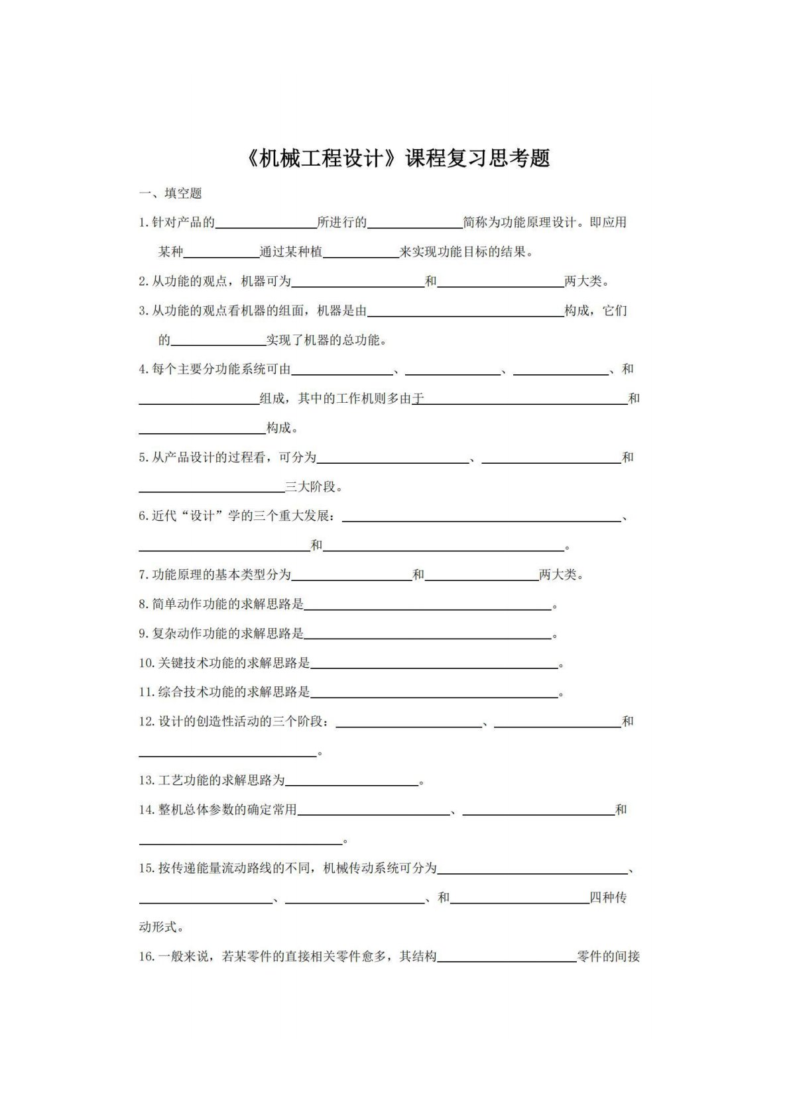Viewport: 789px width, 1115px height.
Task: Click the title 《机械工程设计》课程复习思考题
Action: tap(398, 159)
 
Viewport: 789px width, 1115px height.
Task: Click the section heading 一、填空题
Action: tap(170, 193)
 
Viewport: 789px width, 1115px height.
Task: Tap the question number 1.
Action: tap(143, 223)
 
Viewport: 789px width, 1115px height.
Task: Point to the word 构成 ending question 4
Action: tap(279, 429)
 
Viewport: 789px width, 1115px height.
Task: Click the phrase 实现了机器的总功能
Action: tap(325, 341)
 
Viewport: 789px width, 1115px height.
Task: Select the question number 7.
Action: tap(143, 575)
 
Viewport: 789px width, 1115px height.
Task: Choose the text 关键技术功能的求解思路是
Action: tap(234, 664)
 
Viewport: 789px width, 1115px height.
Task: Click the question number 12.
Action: tap(147, 722)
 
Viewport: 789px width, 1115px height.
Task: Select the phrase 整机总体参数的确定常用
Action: tap(227, 810)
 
